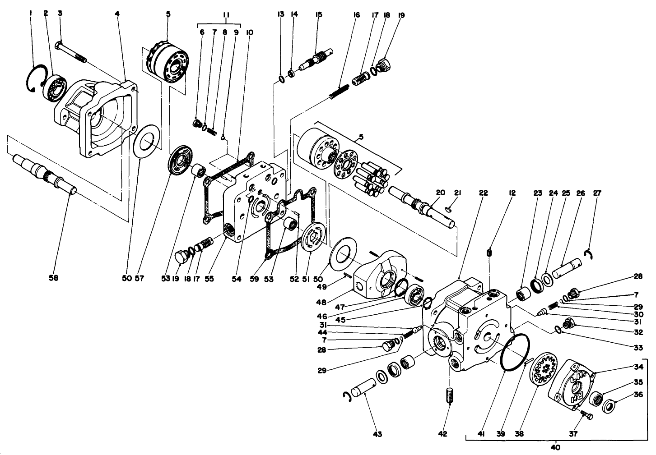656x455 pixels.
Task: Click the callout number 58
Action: click(54, 278)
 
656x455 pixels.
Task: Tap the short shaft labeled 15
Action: click(318, 58)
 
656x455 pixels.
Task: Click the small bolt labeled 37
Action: click(586, 414)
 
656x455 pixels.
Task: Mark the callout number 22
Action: click(484, 193)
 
